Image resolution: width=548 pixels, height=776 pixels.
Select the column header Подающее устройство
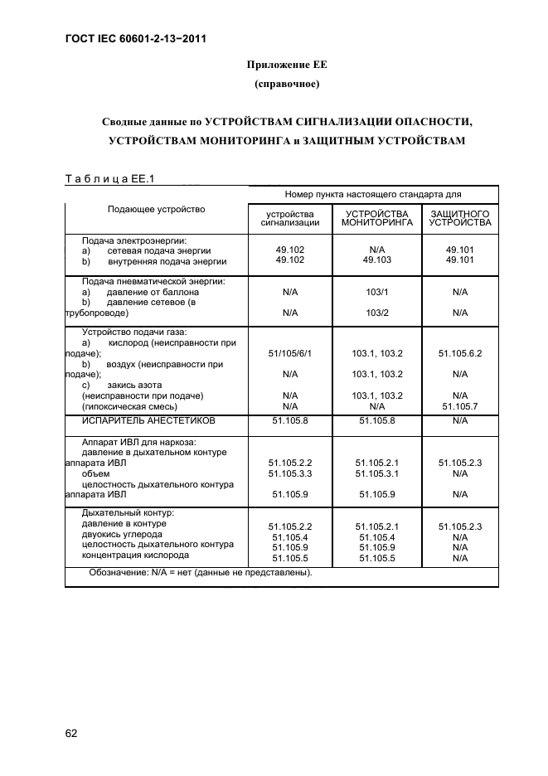(156, 209)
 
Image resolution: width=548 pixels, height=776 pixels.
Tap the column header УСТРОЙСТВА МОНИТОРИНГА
(376, 218)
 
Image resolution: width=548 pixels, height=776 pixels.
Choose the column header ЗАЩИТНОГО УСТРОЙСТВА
(460, 218)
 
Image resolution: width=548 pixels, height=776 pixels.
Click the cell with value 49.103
(376, 260)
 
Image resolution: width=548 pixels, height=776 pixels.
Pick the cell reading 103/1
(376, 292)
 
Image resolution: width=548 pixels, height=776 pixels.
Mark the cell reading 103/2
(376, 313)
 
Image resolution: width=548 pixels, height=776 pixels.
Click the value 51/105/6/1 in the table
(289, 353)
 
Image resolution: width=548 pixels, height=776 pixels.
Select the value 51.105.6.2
(460, 353)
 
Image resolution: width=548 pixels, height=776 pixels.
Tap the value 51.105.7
(460, 406)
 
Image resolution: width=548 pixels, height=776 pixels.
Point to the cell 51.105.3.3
(289, 473)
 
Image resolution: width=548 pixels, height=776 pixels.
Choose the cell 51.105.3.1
(376, 473)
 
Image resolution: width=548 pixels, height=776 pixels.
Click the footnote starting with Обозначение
(200, 573)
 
